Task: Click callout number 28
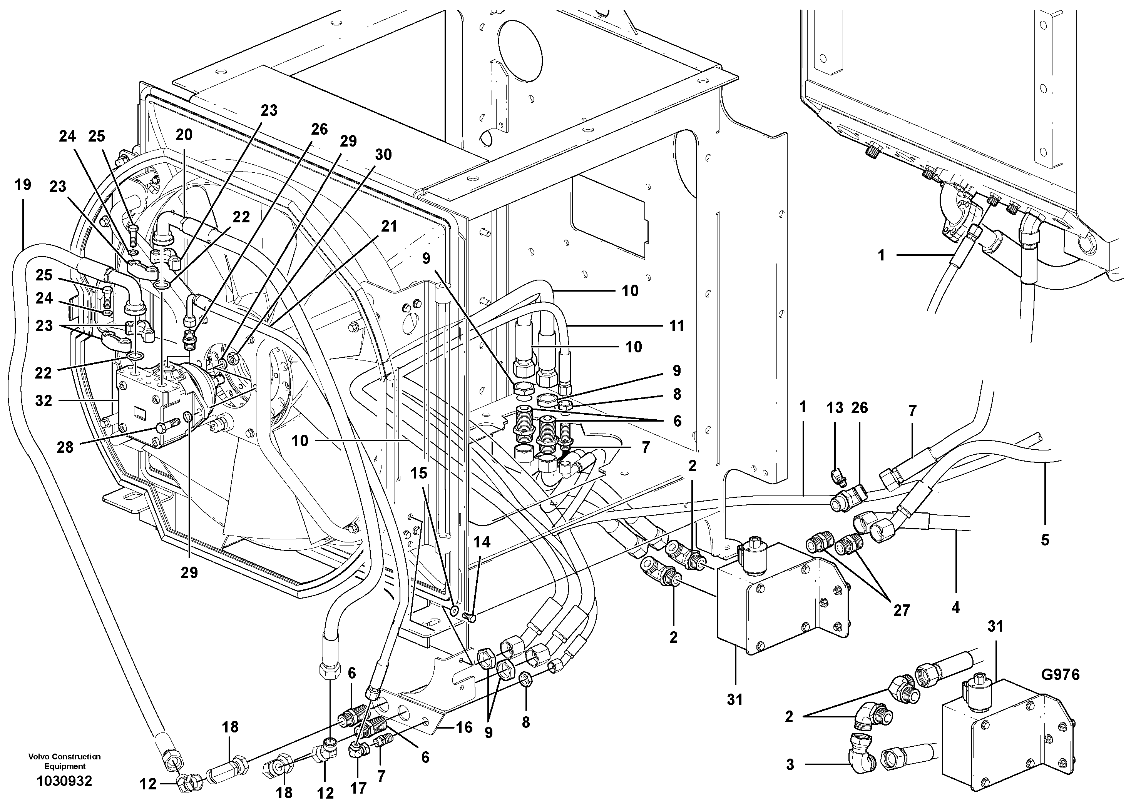point(65,447)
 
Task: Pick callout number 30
point(383,155)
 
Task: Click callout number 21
point(389,227)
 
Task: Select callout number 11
point(676,326)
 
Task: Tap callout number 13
point(835,408)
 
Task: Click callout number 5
point(1045,540)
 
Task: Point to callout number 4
point(955,607)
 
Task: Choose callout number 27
point(902,611)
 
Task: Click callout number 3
point(790,765)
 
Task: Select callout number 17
point(358,788)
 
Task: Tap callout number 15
point(419,473)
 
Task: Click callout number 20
point(184,135)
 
